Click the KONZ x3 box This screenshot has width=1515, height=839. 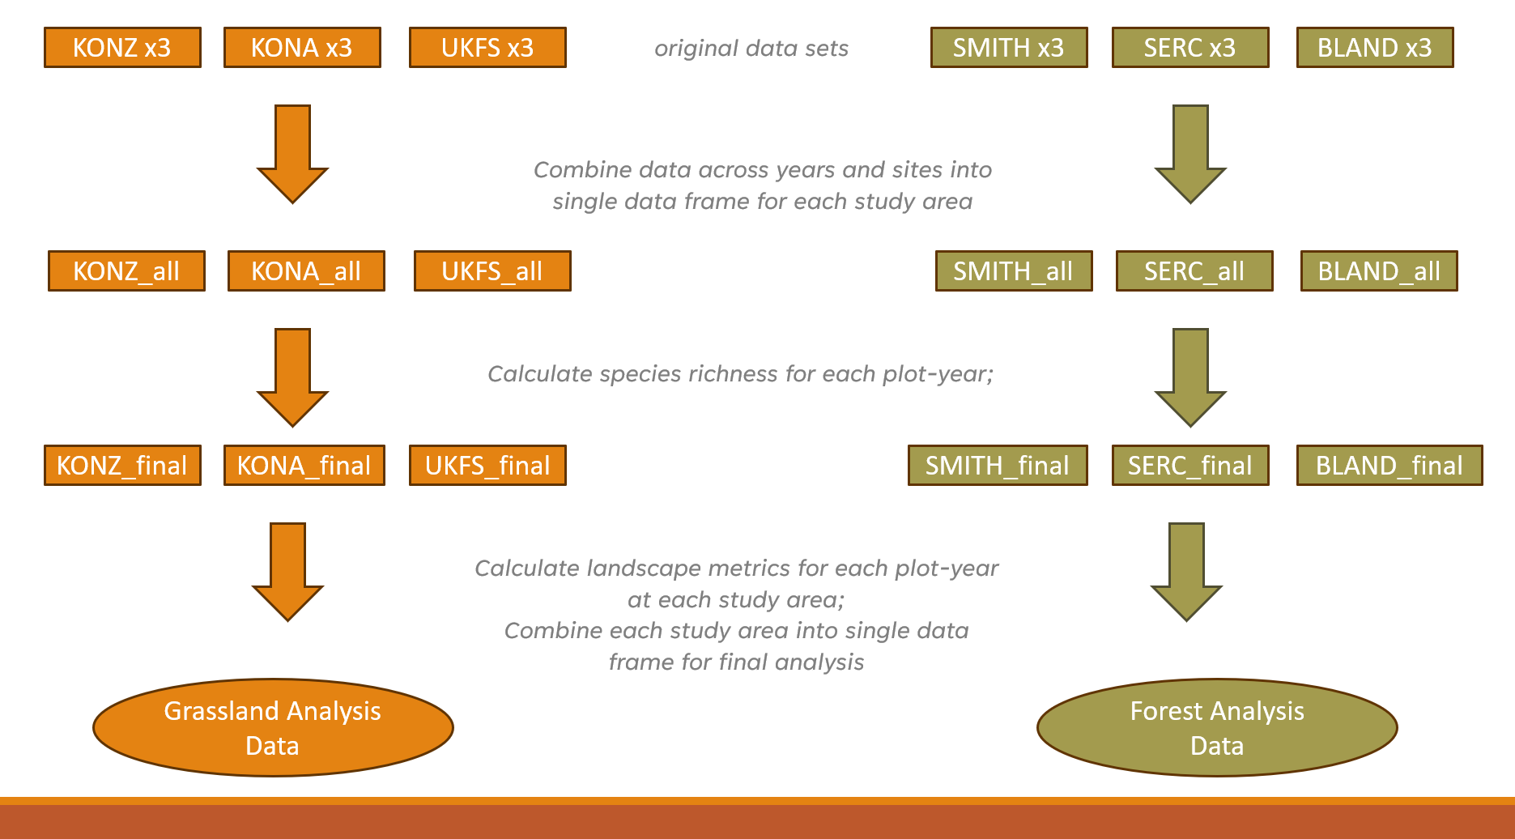(x=122, y=48)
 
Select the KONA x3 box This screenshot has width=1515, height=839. (x=302, y=48)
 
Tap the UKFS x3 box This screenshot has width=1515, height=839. (x=487, y=48)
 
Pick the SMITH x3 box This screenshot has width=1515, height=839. (x=1009, y=48)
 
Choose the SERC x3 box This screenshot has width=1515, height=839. (x=1190, y=48)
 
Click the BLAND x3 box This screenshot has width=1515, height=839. (x=1375, y=48)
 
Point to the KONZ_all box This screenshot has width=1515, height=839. (x=126, y=270)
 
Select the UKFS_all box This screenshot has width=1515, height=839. (x=492, y=270)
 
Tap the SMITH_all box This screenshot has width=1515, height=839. (x=1014, y=270)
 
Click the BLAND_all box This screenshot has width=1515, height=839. (x=1379, y=270)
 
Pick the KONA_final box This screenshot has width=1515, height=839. (x=304, y=466)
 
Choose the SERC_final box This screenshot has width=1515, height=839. (x=1190, y=466)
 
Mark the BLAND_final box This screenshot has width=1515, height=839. (x=1389, y=466)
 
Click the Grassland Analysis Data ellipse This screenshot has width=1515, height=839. (x=273, y=727)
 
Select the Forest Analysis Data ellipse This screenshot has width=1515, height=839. (x=1217, y=727)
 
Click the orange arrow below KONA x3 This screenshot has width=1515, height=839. (x=292, y=154)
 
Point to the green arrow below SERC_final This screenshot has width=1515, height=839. (x=1186, y=572)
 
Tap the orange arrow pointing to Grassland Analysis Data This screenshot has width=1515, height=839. (x=287, y=572)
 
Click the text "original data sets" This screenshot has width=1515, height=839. (x=751, y=49)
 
